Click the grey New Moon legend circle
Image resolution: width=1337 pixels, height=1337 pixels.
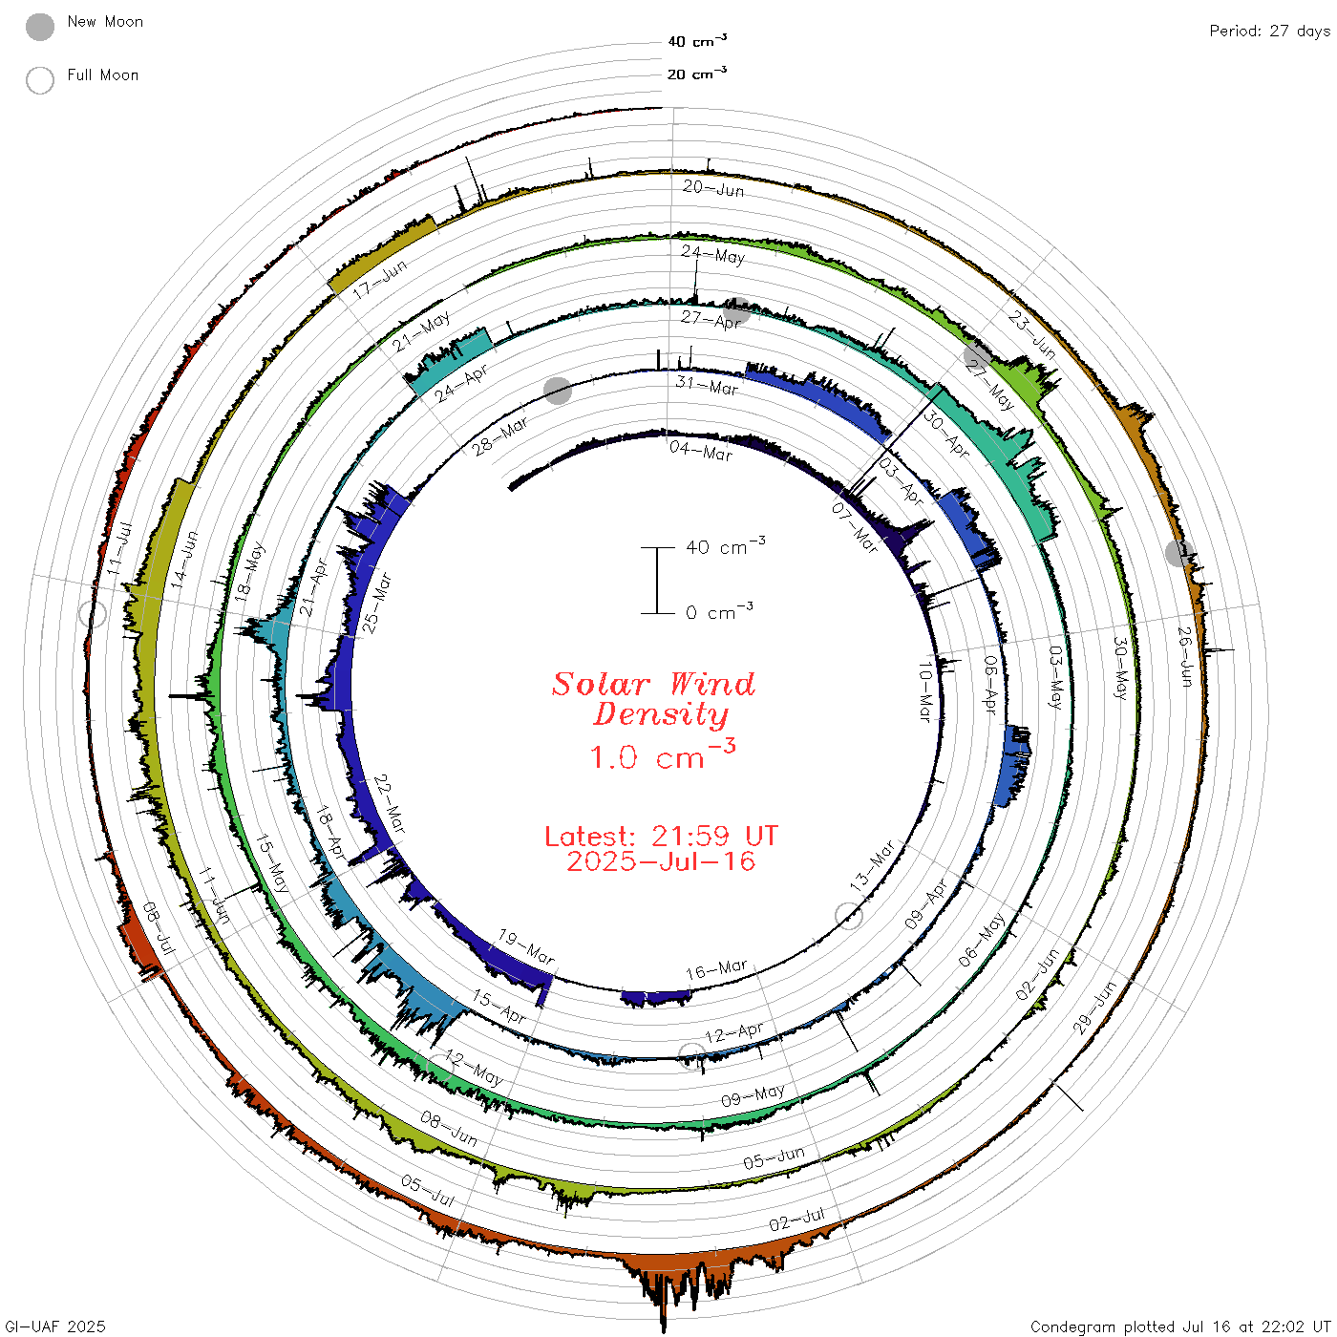coord(39,27)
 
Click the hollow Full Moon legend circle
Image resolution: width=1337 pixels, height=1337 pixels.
coord(39,80)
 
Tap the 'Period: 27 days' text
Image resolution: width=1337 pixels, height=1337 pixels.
coord(1270,32)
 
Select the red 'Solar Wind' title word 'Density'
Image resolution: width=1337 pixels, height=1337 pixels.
coord(661,715)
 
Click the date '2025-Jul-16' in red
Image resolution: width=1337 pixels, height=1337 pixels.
coord(661,861)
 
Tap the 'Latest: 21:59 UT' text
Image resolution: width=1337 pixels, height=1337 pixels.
coord(661,836)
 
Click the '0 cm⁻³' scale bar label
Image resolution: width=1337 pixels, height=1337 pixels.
coord(719,611)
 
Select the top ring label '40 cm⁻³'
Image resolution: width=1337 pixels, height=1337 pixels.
coord(697,40)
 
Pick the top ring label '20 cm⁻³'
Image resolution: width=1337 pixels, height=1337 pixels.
coord(697,73)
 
